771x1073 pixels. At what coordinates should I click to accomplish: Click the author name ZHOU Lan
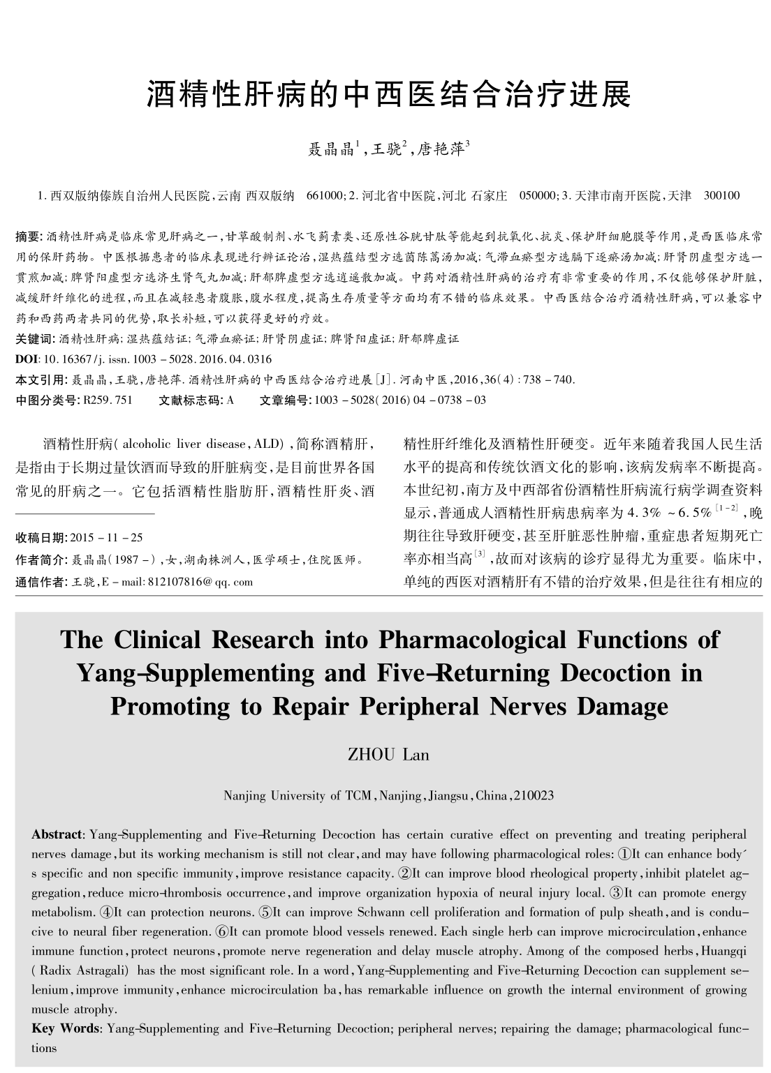coord(388,755)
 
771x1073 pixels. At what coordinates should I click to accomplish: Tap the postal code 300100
coord(721,196)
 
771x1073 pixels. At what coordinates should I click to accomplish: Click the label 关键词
coord(34,339)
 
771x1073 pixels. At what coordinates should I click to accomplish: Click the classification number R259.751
coord(108,400)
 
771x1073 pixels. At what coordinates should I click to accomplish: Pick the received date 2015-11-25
coord(107,538)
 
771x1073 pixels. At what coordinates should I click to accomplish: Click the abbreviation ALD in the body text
coord(268,444)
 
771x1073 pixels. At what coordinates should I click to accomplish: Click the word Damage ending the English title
coord(623,707)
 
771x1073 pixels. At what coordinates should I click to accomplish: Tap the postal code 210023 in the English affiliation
coord(534,795)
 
